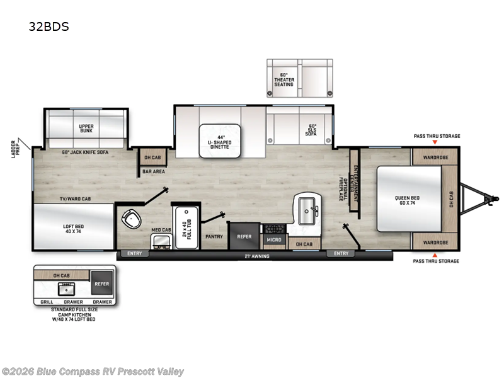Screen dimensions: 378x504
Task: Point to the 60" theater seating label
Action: (283, 79)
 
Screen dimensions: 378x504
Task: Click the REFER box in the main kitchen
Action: (244, 236)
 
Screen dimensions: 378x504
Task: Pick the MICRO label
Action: (273, 239)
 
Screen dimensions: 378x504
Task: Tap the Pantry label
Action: (214, 236)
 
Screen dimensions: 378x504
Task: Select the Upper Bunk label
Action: (86, 129)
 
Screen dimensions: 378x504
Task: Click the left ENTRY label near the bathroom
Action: (135, 254)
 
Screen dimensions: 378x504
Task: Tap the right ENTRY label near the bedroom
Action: (341, 254)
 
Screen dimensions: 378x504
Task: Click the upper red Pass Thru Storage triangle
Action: (436, 144)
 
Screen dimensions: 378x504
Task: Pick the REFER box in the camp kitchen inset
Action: (101, 284)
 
